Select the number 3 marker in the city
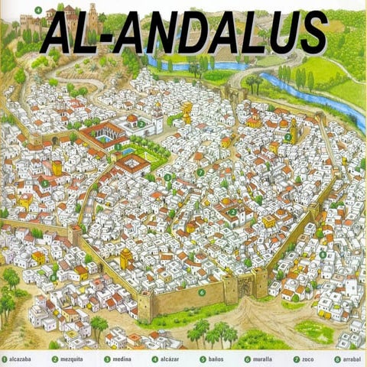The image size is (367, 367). click(x=167, y=177)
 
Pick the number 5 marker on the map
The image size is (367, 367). click(x=45, y=183)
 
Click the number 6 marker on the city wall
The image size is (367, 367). click(x=202, y=291)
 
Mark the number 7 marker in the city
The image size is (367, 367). click(x=201, y=173)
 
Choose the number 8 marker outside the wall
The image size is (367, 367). click(x=323, y=255)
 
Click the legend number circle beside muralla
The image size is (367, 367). click(x=247, y=359)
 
